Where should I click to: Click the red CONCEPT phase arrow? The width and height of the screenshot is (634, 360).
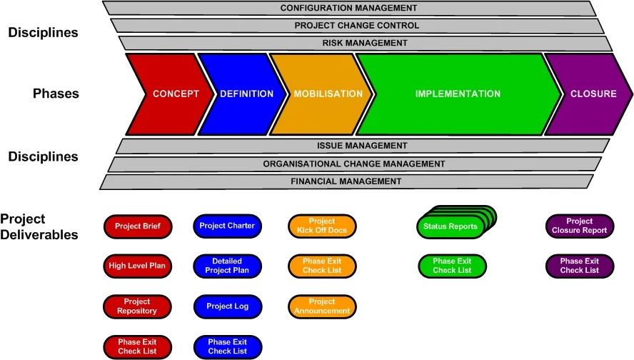[x=171, y=94]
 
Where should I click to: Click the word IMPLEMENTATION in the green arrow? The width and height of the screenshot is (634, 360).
[x=458, y=94]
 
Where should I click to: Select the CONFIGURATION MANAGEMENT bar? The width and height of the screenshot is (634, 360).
[x=348, y=8]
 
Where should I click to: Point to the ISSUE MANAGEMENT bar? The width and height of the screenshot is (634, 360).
[x=362, y=146]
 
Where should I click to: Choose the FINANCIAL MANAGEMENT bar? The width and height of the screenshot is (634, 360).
[x=346, y=181]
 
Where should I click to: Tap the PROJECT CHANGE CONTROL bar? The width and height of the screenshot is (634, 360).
[x=357, y=26]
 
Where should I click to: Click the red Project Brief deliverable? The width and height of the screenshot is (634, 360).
[x=138, y=226]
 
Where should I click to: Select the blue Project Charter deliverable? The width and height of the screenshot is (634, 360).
[x=227, y=226]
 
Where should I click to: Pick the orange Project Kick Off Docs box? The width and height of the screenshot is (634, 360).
[x=322, y=226]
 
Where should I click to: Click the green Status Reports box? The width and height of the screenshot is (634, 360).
[x=451, y=227]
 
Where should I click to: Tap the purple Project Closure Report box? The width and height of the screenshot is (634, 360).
[x=580, y=226]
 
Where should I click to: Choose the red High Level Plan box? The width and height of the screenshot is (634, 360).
[x=138, y=266]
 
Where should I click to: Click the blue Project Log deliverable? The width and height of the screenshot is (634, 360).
[x=227, y=306]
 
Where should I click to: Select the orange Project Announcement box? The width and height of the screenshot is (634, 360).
[x=322, y=306]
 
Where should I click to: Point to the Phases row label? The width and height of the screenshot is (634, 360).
[x=56, y=94]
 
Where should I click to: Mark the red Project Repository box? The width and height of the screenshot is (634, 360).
[x=138, y=306]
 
